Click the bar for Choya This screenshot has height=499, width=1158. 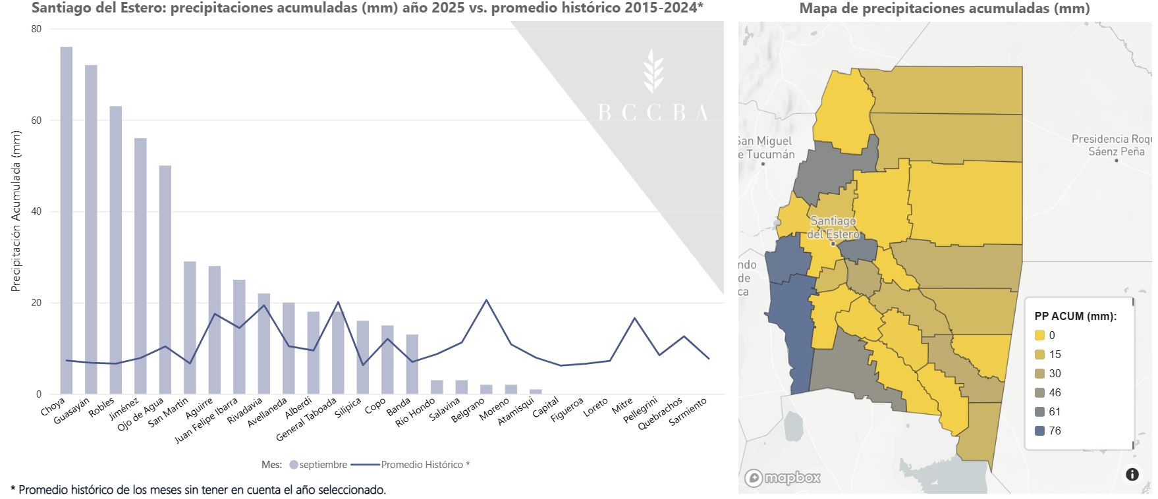click(x=67, y=221)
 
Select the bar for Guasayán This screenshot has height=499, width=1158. click(x=91, y=230)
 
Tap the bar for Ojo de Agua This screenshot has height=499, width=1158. click(x=165, y=280)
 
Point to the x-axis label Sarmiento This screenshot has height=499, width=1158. click(x=688, y=411)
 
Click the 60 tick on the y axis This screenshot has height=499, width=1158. click(x=36, y=120)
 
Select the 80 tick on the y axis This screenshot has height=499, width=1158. click(x=36, y=29)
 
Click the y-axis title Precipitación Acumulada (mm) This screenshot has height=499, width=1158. click(x=16, y=211)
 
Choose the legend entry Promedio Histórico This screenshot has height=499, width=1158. click(x=410, y=465)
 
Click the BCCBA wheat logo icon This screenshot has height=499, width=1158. click(x=653, y=70)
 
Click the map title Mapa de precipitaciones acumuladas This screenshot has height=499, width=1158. click(x=945, y=9)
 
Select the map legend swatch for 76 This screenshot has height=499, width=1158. click(x=1040, y=431)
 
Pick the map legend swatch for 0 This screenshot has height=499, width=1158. click(x=1040, y=336)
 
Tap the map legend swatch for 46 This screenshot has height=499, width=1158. click(x=1040, y=393)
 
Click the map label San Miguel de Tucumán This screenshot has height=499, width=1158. click(x=765, y=147)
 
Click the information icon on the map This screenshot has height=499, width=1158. click(x=1132, y=474)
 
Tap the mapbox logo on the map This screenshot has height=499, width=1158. click(x=783, y=478)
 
